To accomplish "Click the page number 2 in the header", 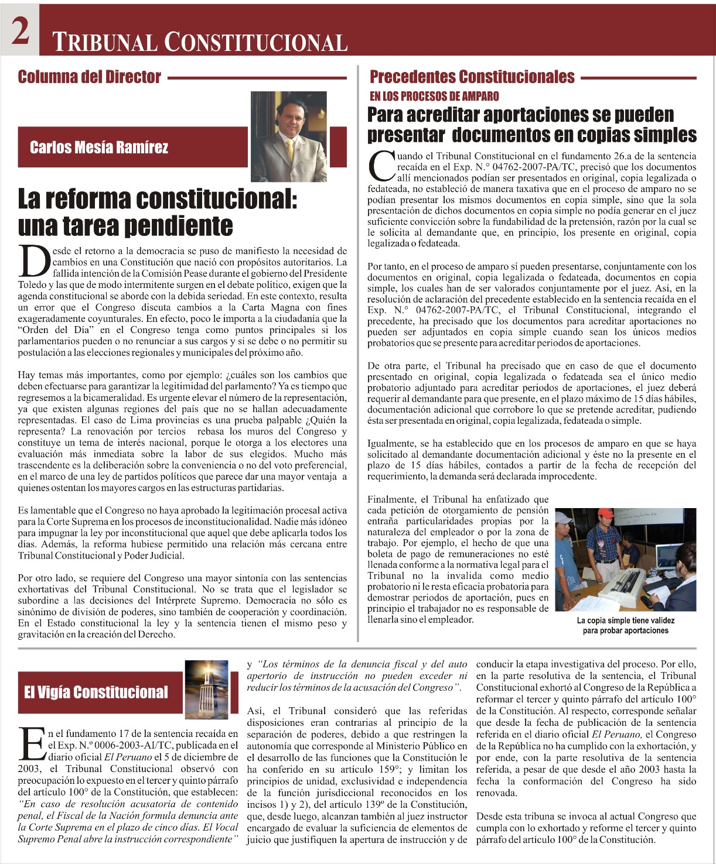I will click(x=20, y=30).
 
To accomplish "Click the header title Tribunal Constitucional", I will click(x=200, y=42).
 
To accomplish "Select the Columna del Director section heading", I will click(x=89, y=77).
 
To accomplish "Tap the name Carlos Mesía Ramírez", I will click(x=99, y=147).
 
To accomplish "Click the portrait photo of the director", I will click(x=288, y=136).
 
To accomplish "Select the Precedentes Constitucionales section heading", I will click(x=472, y=77).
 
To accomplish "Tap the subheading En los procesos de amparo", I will click(x=434, y=96).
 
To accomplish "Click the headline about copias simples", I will click(x=531, y=125).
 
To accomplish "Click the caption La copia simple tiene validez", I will click(x=625, y=625).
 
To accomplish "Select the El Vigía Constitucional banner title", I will click(x=96, y=692).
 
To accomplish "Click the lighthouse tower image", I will click(x=206, y=691).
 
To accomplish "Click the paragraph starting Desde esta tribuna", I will click(x=586, y=828).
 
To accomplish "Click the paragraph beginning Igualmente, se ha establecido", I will click(x=531, y=460).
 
